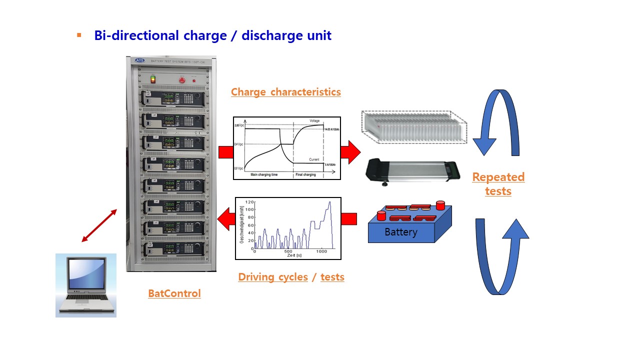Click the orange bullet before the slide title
click(x=79, y=35)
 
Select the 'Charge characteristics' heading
click(x=285, y=92)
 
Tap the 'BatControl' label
click(x=174, y=293)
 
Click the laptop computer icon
click(x=85, y=285)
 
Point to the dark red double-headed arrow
click(x=99, y=226)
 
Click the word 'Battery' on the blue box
click(x=400, y=232)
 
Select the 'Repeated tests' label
click(x=498, y=184)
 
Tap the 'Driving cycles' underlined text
click(x=272, y=277)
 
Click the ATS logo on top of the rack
click(x=139, y=60)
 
